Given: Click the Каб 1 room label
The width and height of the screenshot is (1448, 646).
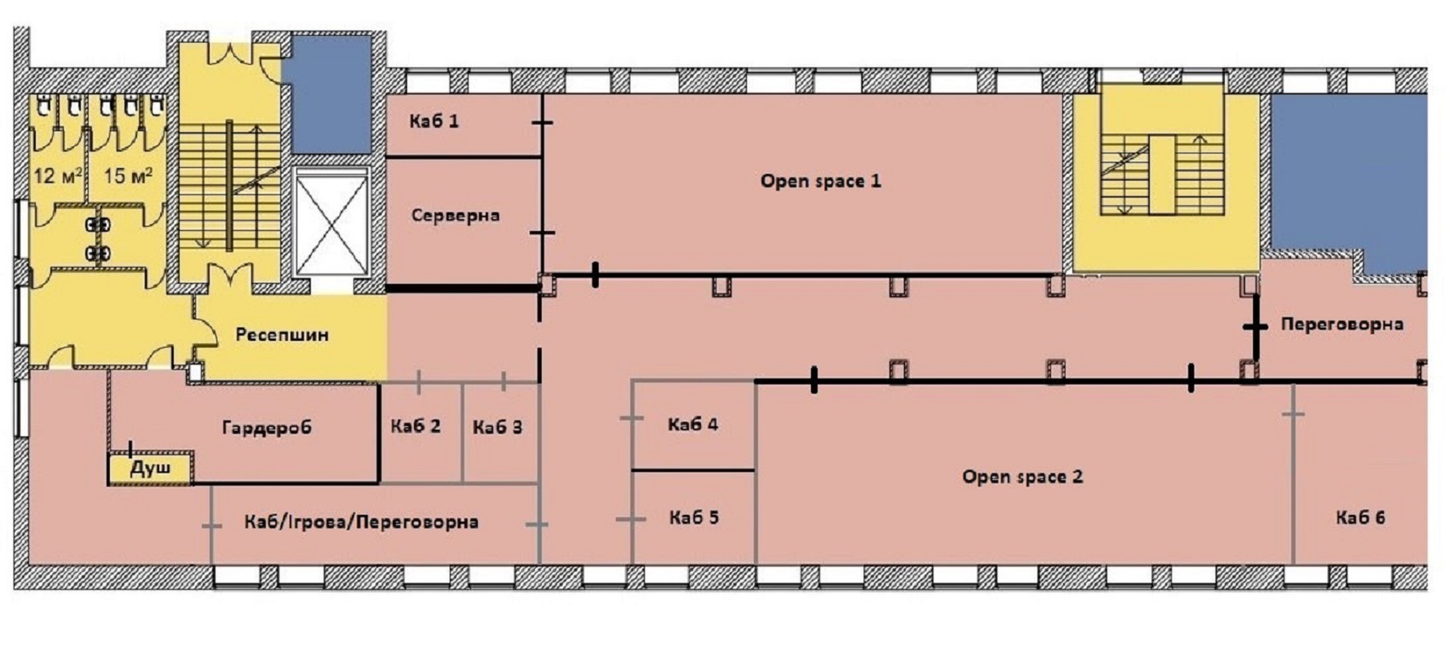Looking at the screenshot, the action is [434, 122].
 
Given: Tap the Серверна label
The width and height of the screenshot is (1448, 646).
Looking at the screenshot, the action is [455, 216].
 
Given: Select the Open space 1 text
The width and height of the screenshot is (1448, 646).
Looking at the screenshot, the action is [820, 181].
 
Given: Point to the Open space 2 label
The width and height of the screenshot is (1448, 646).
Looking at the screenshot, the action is [1022, 477].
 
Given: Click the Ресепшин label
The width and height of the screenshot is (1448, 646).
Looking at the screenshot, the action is [282, 335].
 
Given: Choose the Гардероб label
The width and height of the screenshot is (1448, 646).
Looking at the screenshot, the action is [267, 428].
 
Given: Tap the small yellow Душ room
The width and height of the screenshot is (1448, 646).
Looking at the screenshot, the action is [151, 468].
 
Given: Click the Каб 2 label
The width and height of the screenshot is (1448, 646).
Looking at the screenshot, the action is [416, 426].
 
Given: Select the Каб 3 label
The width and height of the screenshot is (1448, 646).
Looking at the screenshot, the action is [497, 428].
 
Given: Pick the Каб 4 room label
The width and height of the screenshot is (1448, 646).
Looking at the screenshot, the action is [693, 425].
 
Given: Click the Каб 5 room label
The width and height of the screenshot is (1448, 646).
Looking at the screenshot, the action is [693, 518].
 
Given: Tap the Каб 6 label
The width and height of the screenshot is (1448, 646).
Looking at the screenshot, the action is [1360, 518].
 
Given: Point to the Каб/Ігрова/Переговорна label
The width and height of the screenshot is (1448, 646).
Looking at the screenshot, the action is [361, 522].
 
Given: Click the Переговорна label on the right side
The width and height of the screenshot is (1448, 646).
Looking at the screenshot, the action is [1342, 324].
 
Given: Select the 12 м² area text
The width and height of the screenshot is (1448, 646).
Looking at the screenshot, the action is [58, 176].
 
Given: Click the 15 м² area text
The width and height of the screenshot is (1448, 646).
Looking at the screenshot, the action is [129, 176].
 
